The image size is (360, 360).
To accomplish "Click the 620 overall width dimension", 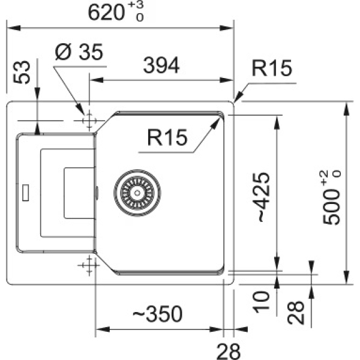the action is tap(106, 13).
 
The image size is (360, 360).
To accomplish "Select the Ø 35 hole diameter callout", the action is tap(79, 52).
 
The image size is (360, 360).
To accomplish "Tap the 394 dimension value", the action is tap(161, 65).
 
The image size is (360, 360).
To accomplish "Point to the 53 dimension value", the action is tap(22, 72).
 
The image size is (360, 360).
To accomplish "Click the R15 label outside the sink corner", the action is tap(272, 68).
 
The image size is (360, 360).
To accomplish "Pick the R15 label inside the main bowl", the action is tap(167, 137).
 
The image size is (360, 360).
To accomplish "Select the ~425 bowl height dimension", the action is tap(263, 197).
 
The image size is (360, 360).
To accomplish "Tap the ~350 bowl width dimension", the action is tap(157, 314).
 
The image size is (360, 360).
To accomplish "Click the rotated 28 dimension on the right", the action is tap(296, 313).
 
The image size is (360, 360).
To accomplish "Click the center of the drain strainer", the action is tap(137, 193).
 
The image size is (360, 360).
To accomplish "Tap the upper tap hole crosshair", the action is tap(89, 121).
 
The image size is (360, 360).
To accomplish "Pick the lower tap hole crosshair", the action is tap(89, 265).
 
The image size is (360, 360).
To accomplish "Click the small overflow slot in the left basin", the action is tap(25, 193).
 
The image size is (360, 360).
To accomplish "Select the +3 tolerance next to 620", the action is tap(136, 5).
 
